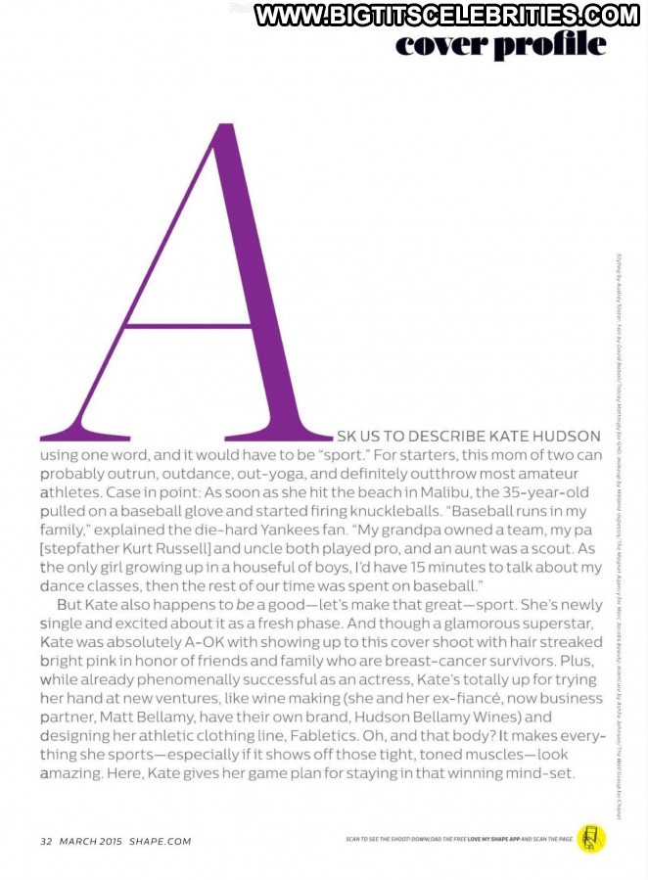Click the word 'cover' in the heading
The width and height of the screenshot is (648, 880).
(x=441, y=44)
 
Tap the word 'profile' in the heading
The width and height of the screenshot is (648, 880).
(x=552, y=46)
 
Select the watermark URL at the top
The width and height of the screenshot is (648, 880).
(x=446, y=15)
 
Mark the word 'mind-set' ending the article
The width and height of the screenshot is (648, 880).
(x=548, y=772)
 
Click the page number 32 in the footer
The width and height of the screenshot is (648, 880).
(x=45, y=842)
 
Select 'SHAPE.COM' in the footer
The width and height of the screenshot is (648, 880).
(x=160, y=842)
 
